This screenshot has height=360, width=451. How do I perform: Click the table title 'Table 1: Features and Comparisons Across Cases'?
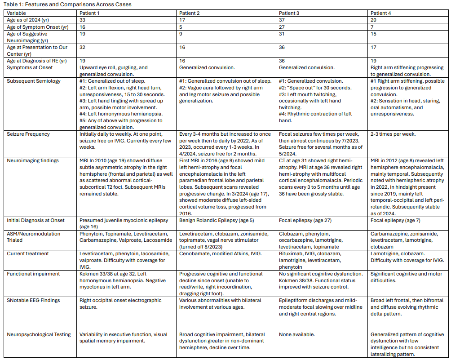[67, 4]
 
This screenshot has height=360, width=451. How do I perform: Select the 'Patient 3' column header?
[289, 13]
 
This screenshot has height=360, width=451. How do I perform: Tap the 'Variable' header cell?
[17, 13]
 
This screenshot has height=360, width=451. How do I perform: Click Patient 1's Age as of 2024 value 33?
[83, 20]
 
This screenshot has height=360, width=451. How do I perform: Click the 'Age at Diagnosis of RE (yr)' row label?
[36, 61]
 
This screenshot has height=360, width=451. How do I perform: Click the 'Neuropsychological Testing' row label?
[39, 334]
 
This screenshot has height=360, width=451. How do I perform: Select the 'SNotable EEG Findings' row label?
[34, 300]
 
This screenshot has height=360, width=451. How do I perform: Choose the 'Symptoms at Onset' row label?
[30, 67]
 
